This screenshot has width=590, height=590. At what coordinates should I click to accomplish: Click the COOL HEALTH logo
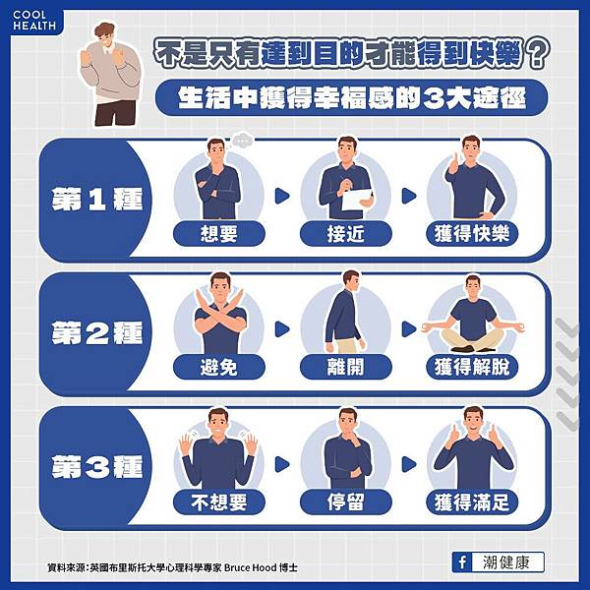click(34, 21)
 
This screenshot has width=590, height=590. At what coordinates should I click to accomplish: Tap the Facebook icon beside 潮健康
click(462, 562)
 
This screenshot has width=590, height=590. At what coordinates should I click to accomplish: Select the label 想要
click(219, 234)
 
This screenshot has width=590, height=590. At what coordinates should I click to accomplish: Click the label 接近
click(346, 234)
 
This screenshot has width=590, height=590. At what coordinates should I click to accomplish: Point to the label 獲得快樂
click(472, 234)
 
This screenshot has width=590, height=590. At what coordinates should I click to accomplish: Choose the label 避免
click(219, 367)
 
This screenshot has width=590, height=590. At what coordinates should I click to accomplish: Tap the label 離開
click(346, 367)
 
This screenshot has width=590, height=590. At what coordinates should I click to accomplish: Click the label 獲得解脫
click(472, 367)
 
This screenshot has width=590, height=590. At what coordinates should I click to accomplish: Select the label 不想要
click(219, 501)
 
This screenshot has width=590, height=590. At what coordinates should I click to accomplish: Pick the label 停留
click(346, 501)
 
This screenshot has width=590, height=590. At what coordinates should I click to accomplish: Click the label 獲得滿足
click(472, 501)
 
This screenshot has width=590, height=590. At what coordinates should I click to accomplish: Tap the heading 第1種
click(97, 199)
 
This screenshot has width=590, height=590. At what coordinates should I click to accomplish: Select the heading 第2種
click(97, 332)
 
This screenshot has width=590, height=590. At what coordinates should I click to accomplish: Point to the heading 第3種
click(97, 466)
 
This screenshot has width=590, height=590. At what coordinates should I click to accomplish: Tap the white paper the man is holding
click(357, 200)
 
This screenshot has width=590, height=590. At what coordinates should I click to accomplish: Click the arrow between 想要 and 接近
click(282, 196)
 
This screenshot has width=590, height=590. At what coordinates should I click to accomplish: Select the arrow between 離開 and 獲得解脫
click(409, 329)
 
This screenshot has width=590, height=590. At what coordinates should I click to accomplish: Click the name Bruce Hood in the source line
click(250, 567)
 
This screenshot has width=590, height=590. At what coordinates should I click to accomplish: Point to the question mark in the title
click(538, 53)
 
